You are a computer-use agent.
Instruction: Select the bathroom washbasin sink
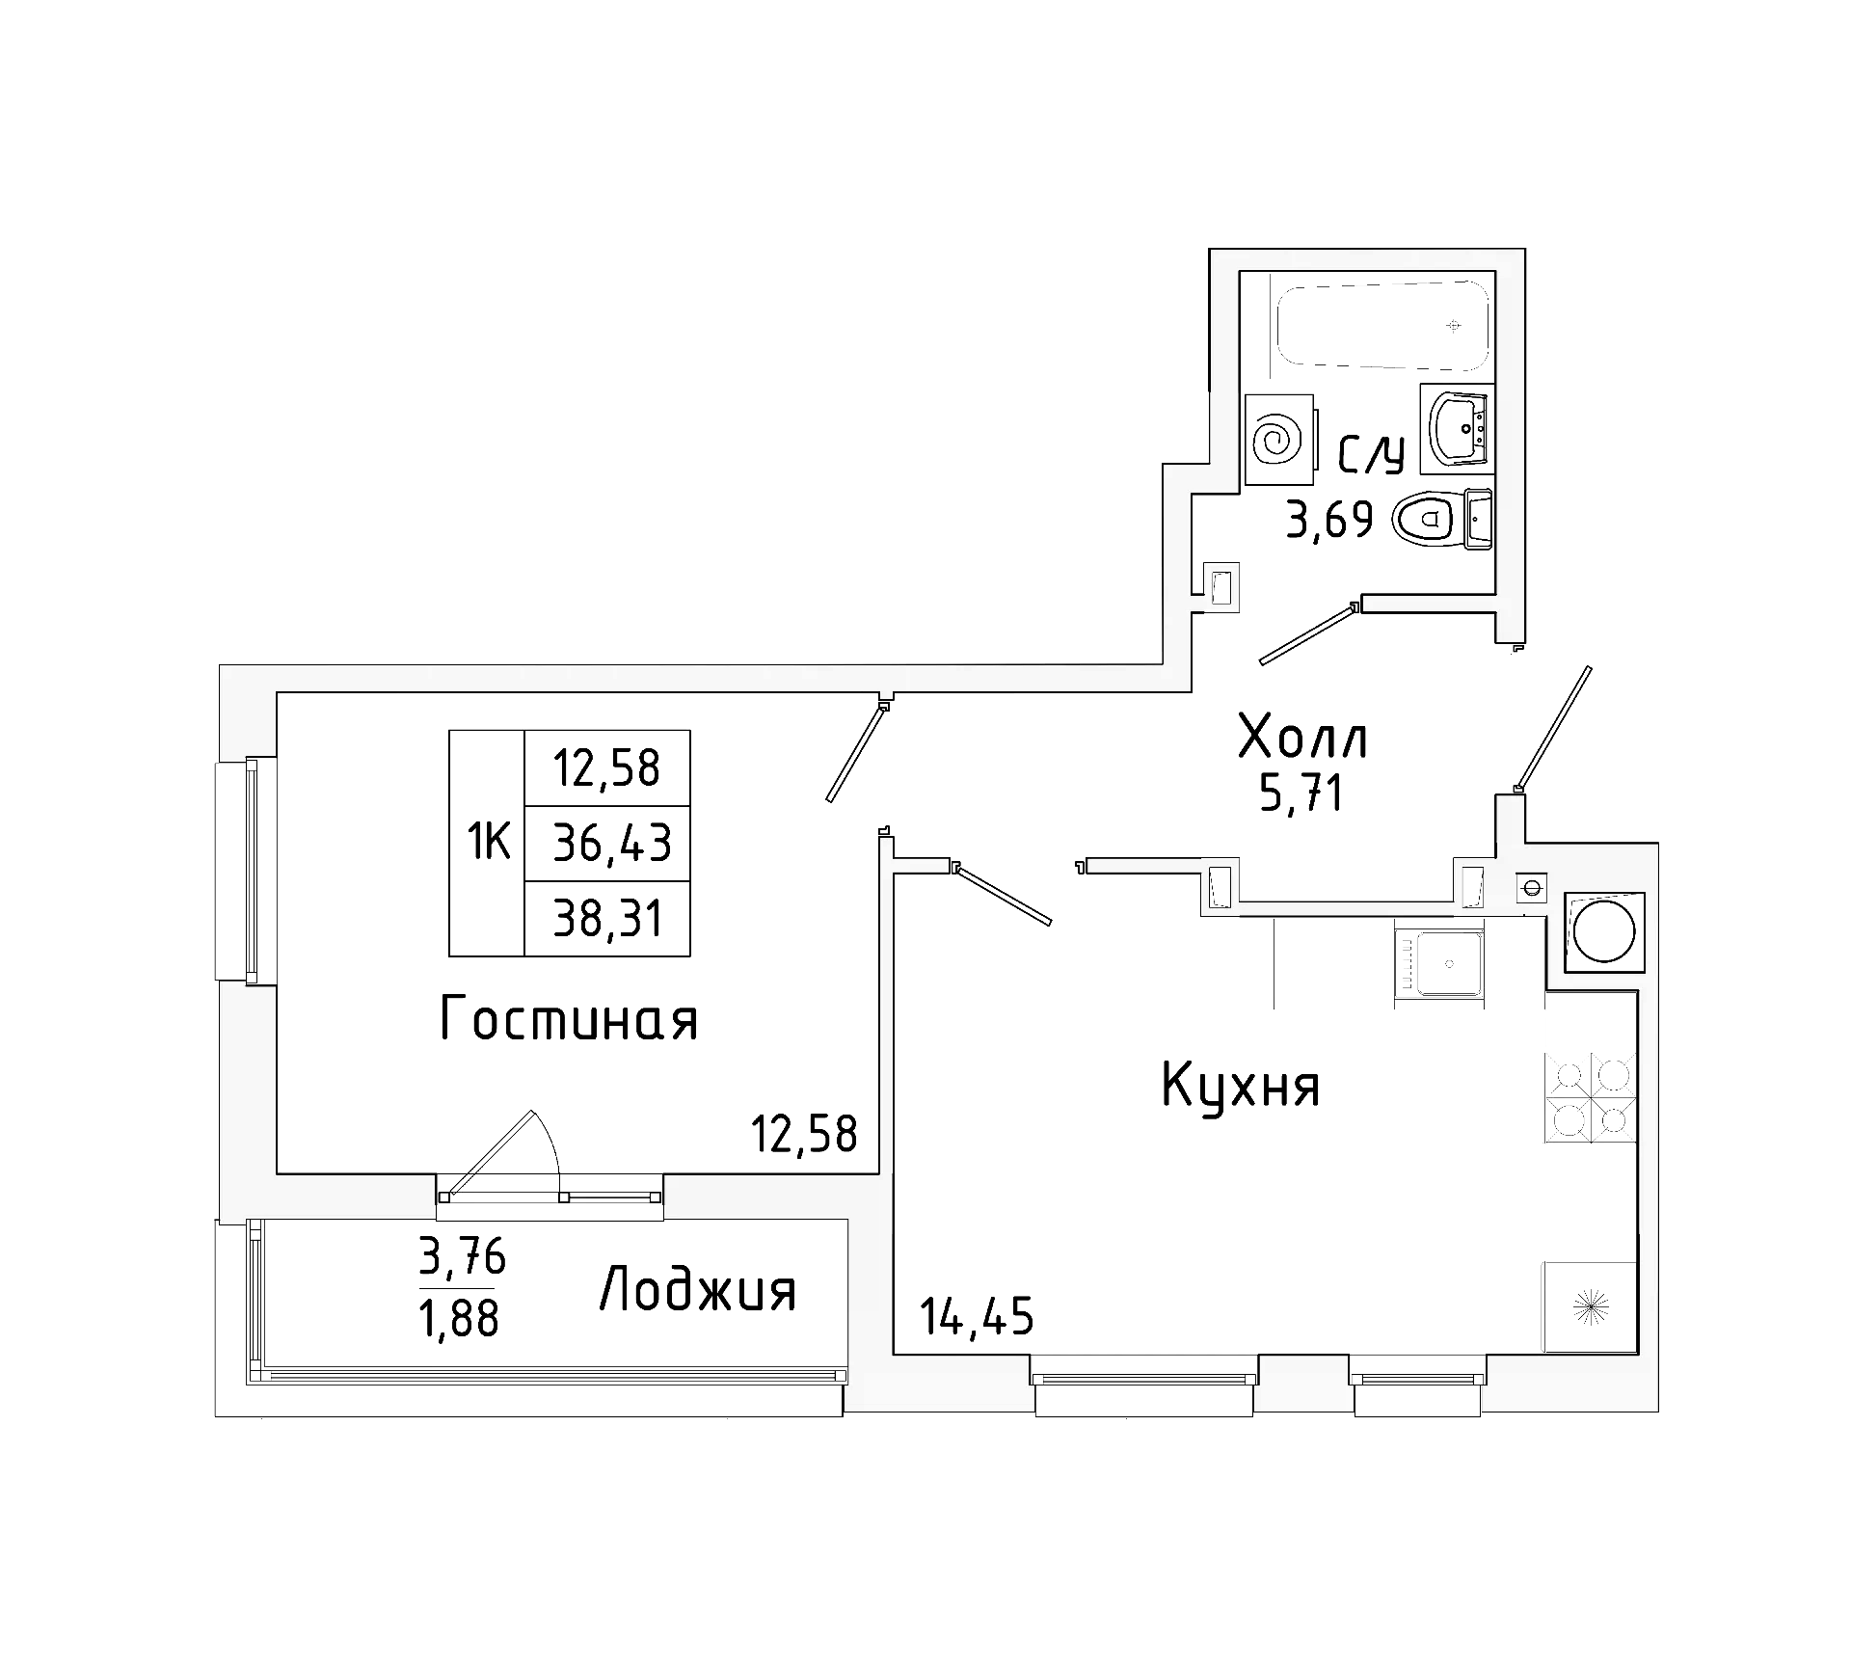(1458, 429)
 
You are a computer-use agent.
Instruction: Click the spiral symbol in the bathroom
(1278, 440)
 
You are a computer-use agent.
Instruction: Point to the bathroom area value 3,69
(1328, 521)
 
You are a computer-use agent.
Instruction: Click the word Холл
(1302, 740)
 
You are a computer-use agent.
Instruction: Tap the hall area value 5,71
(1301, 795)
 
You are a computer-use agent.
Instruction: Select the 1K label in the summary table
(488, 843)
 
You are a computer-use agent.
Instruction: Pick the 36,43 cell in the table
(610, 844)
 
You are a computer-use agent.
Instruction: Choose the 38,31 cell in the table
(608, 919)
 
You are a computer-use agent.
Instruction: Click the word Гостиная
(569, 1019)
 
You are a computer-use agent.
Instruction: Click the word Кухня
(1241, 1086)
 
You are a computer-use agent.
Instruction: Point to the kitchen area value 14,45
(977, 1316)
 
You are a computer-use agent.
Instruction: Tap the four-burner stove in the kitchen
(1591, 1096)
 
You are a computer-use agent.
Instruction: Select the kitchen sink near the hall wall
(1438, 962)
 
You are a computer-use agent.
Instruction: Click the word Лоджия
(698, 1291)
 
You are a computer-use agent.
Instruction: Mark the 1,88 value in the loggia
(459, 1318)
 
